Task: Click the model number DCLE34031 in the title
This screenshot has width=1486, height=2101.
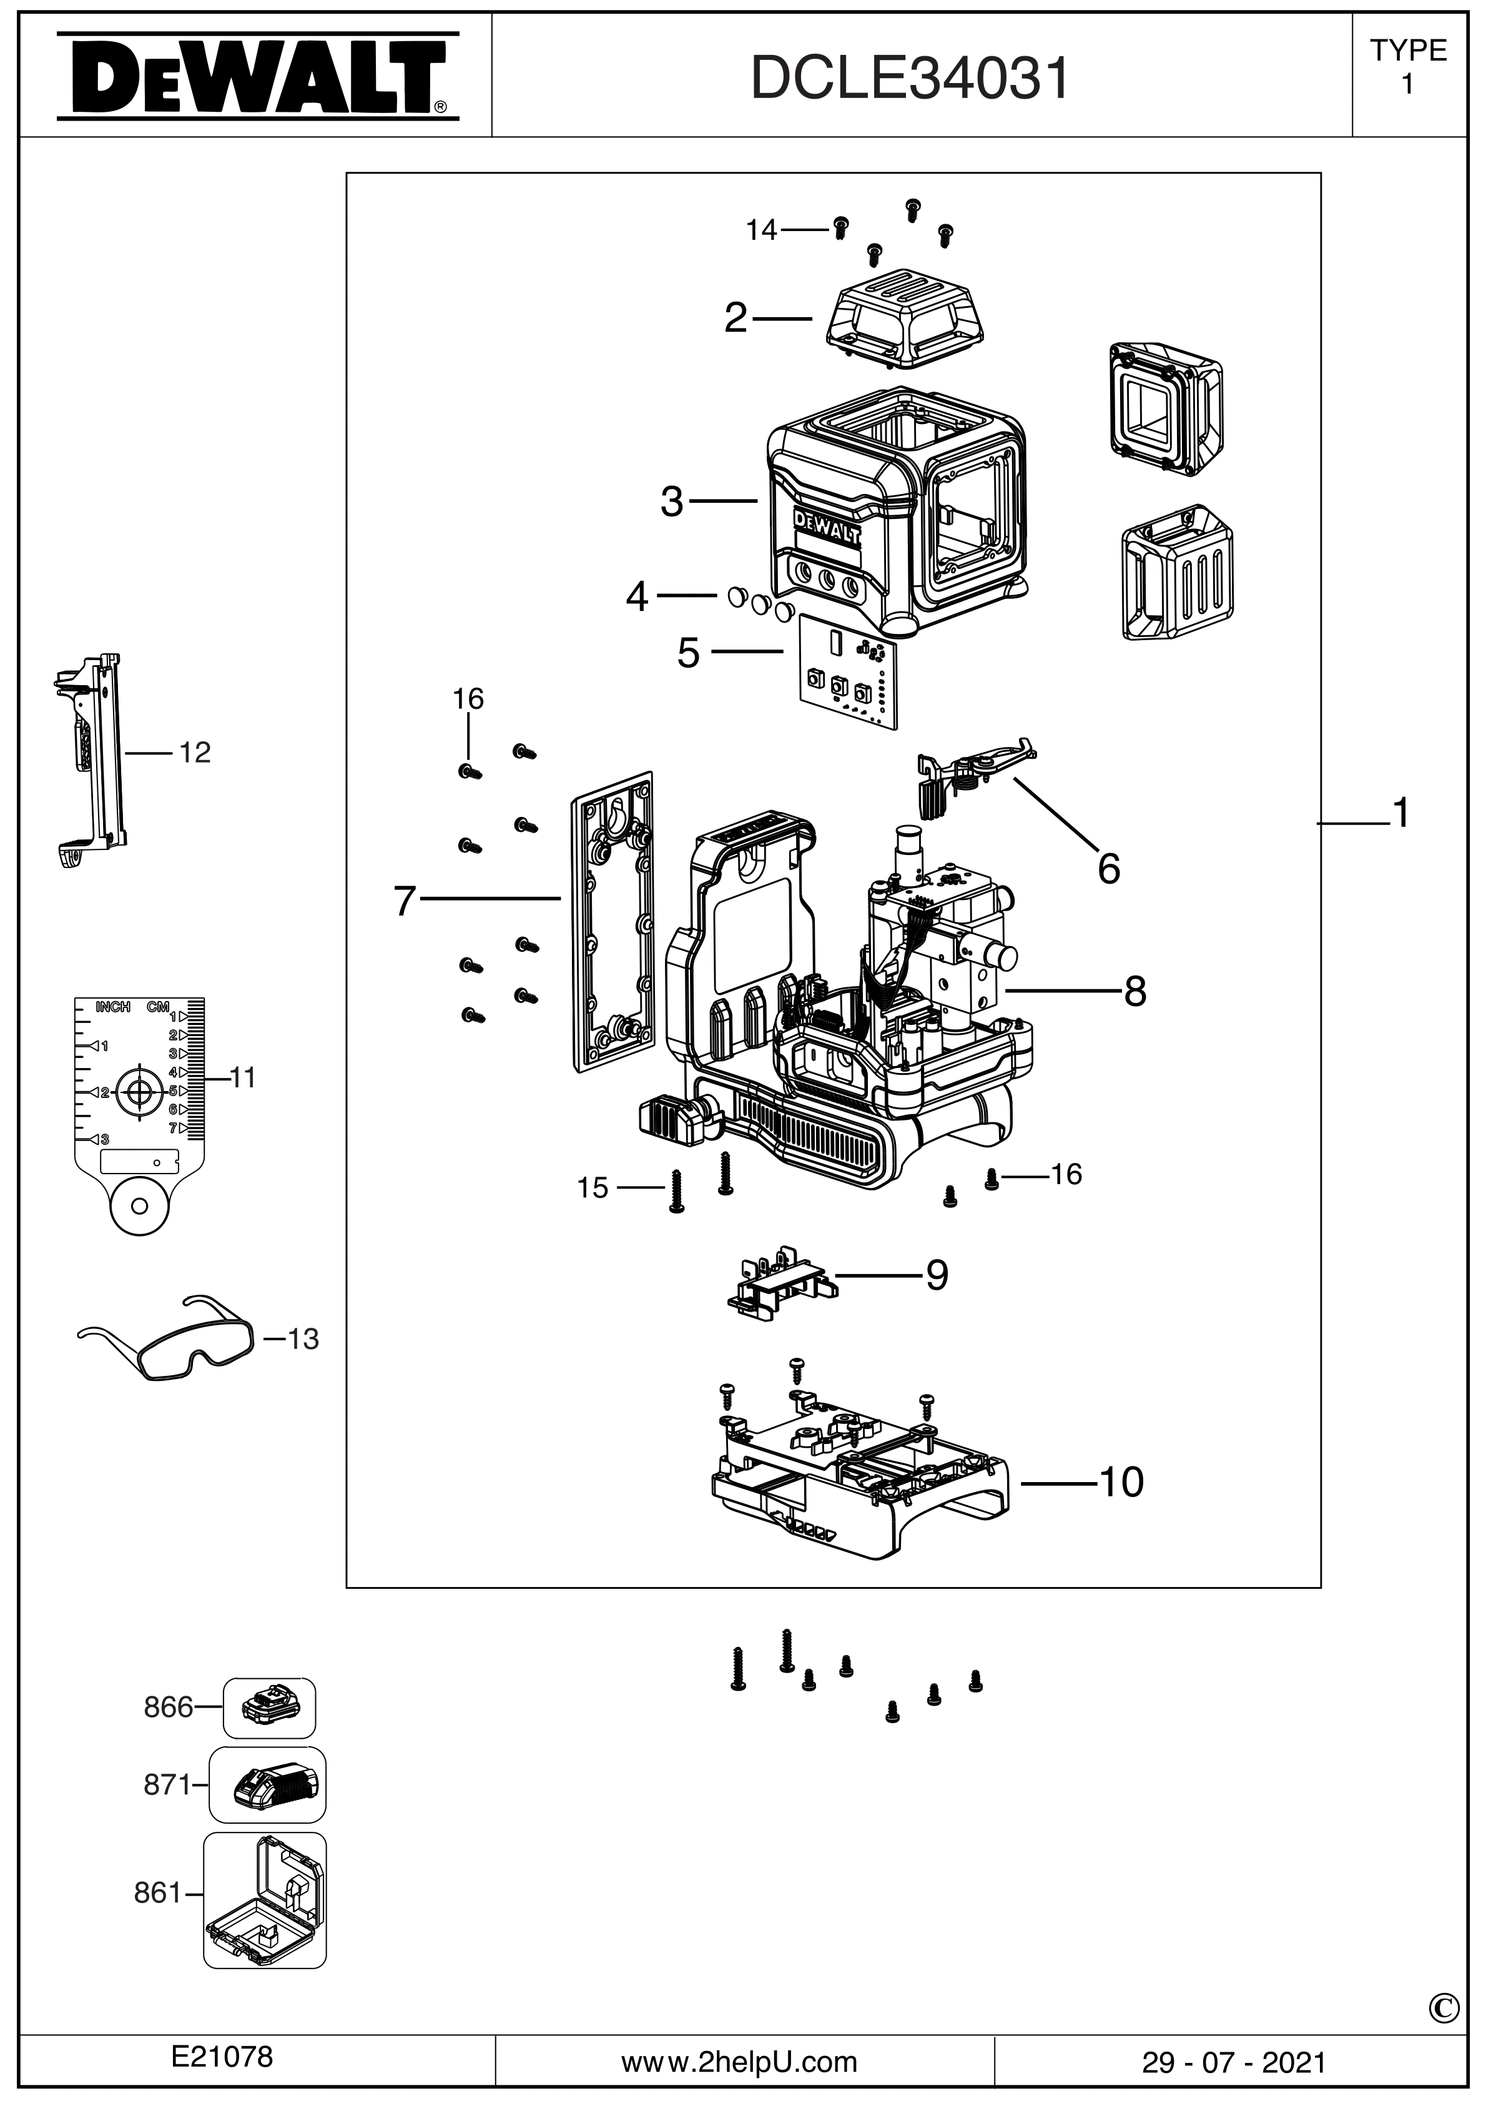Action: (x=910, y=79)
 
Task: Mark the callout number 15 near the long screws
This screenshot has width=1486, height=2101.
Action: (x=593, y=1189)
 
